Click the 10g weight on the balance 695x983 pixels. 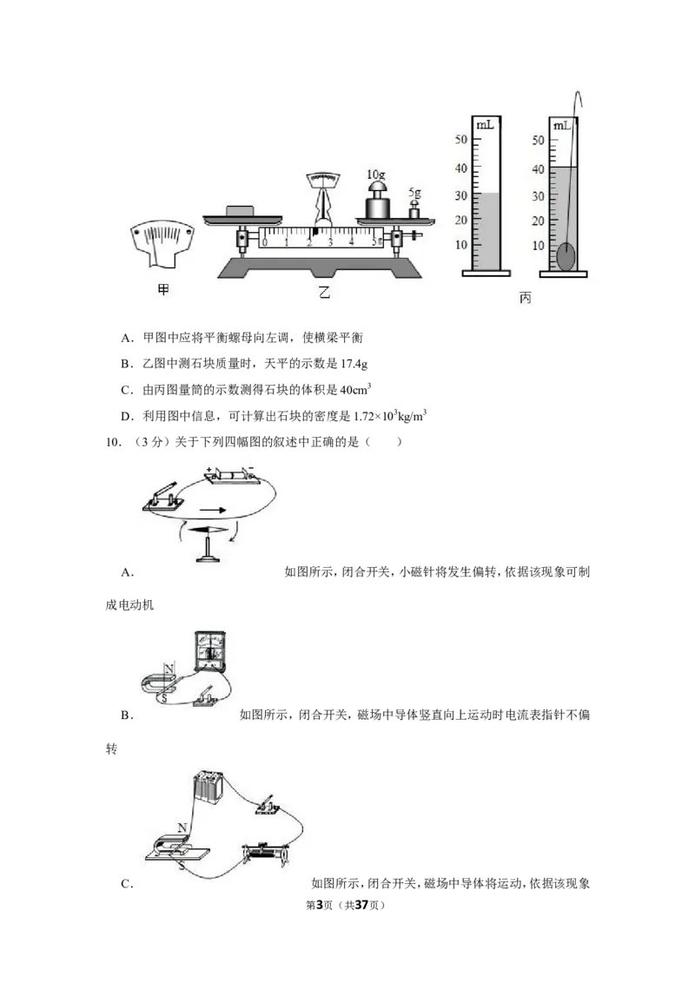(x=378, y=200)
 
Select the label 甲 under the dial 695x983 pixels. (x=163, y=290)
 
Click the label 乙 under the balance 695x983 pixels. (x=324, y=292)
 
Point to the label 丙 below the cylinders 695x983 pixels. (x=525, y=297)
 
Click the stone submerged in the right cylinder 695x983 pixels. (x=566, y=256)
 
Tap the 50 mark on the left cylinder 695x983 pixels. (x=461, y=139)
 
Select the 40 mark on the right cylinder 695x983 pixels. (x=538, y=169)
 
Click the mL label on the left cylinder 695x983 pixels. (x=485, y=124)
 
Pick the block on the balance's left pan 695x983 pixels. (x=238, y=211)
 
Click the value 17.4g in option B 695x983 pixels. (x=354, y=364)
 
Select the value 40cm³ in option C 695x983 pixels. (x=355, y=389)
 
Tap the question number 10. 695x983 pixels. (x=114, y=442)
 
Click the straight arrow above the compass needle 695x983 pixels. (x=213, y=511)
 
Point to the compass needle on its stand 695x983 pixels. (x=208, y=531)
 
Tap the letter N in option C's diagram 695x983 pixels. (x=182, y=828)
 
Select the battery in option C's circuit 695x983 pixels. (x=208, y=787)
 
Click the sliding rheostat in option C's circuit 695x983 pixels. (x=266, y=854)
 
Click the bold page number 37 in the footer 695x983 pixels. (x=361, y=905)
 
